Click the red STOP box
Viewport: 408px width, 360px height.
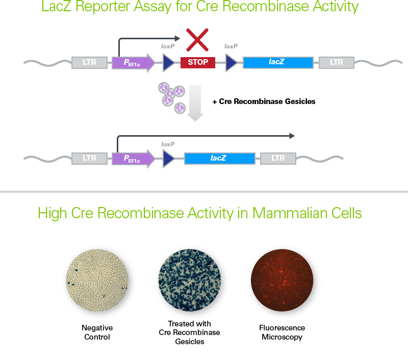click(x=198, y=63)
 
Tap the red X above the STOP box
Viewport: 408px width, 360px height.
click(x=198, y=39)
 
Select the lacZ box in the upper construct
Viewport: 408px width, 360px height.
click(x=277, y=62)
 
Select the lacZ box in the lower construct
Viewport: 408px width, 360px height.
click(x=219, y=158)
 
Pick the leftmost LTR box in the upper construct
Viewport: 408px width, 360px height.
click(x=90, y=63)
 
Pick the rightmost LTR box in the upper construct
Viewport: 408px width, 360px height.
click(x=337, y=63)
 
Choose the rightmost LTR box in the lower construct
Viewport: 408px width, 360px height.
click(x=278, y=158)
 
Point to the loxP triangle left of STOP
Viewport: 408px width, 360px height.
click(x=168, y=63)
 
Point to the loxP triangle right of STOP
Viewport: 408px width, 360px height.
click(x=231, y=63)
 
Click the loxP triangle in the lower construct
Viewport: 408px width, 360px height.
click(x=168, y=159)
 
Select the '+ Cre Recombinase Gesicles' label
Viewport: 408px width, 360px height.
click(x=264, y=101)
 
